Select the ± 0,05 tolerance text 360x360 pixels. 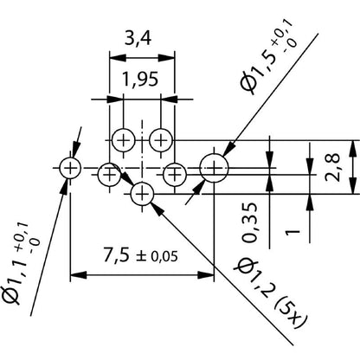tap(164, 259)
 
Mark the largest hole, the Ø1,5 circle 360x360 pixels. tap(214, 166)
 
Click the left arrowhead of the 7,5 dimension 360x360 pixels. tap(75, 276)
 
